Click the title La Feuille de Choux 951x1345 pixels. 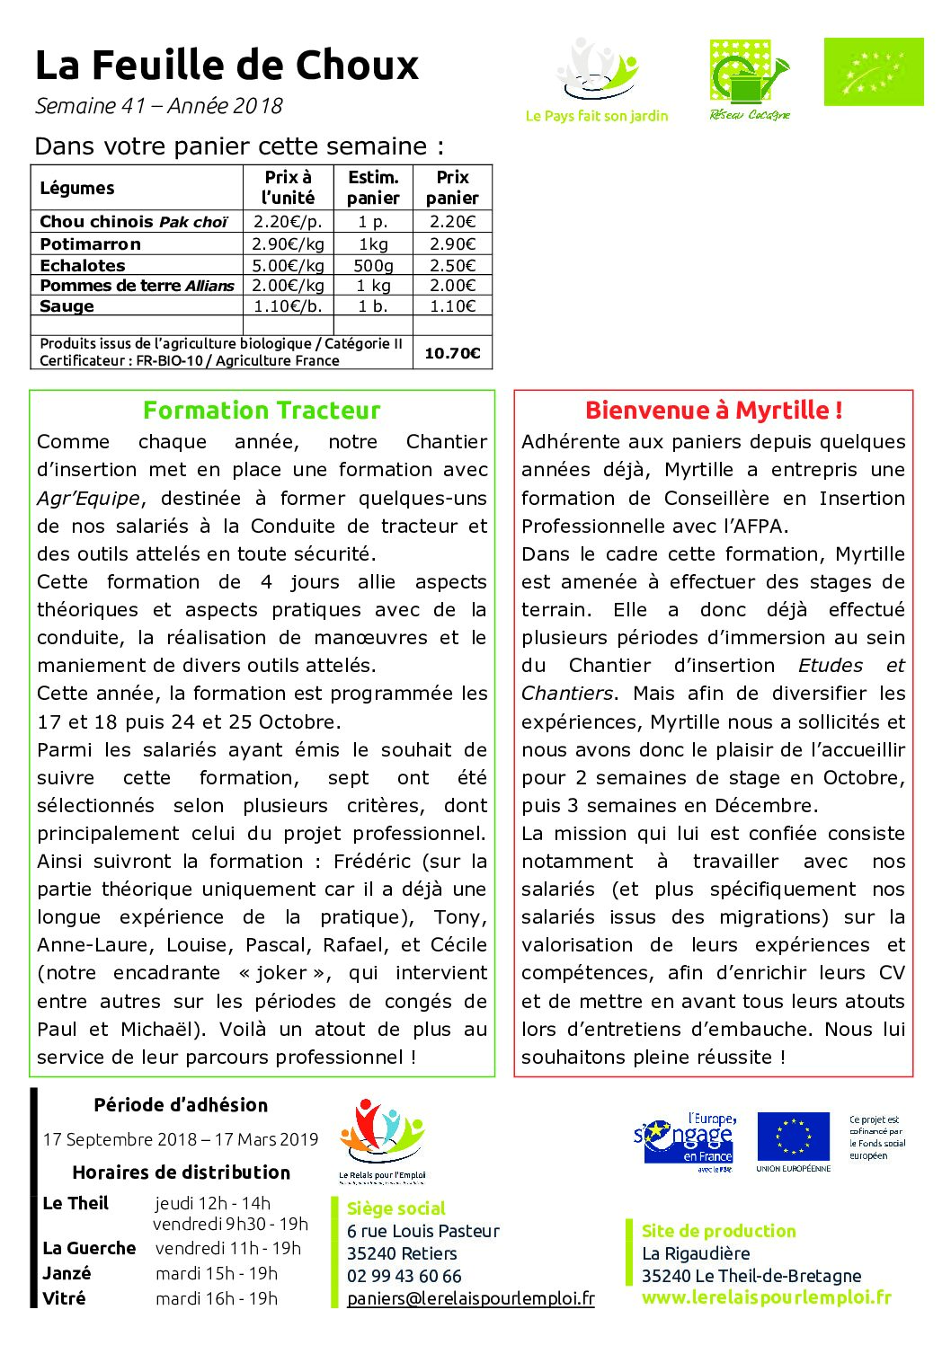227,66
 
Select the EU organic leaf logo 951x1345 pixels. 873,72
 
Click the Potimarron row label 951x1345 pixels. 90,244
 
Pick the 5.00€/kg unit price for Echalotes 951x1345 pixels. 288,266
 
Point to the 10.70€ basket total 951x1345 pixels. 452,353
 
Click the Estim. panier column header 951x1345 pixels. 373,188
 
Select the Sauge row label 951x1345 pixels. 67,306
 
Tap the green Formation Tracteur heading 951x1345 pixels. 262,411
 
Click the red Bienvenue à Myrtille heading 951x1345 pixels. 714,411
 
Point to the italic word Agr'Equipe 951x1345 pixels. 88,499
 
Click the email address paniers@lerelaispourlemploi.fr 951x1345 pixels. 470,1299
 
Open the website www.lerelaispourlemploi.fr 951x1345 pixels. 766,1297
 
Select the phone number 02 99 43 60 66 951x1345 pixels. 404,1277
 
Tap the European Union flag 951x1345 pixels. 793,1137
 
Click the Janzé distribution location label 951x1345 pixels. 67,1274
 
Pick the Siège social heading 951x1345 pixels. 396,1209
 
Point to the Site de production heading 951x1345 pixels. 718,1232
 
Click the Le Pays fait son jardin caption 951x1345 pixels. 597,116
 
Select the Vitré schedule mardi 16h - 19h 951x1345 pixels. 216,1299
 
